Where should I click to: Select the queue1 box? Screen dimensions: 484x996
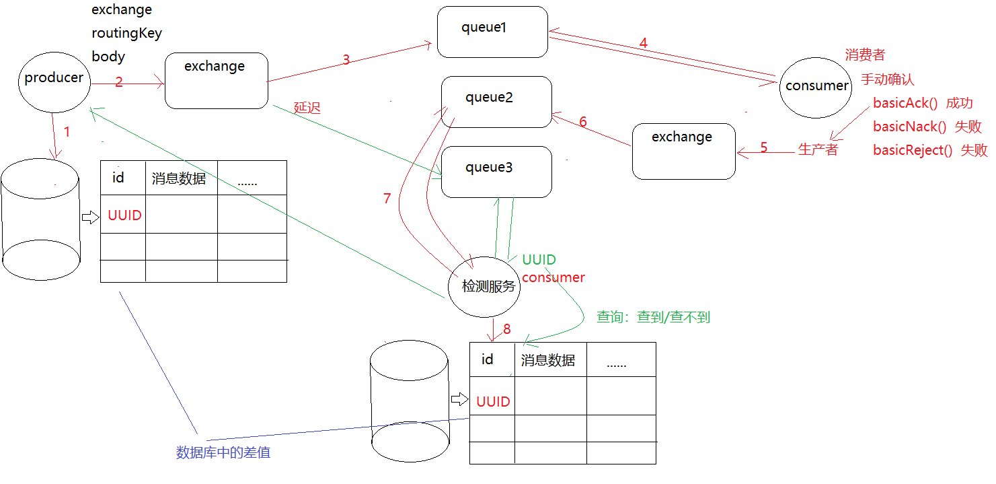point(492,32)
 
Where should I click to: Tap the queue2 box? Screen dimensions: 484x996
point(496,102)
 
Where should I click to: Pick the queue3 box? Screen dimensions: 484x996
point(496,172)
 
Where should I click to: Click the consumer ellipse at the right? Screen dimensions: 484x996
point(816,87)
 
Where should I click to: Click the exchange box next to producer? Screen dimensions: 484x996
point(216,81)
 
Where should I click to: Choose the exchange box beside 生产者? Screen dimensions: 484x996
point(683,151)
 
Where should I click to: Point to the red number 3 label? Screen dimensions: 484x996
point(346,59)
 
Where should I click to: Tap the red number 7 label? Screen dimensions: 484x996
point(387,199)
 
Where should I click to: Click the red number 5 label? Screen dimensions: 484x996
point(763,147)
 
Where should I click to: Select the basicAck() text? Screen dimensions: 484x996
point(904,104)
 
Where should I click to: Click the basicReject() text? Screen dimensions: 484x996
point(913,150)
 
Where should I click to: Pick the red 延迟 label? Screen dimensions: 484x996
point(307,108)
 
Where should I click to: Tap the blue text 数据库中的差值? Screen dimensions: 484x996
point(223,452)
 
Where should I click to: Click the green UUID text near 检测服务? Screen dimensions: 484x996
point(539,260)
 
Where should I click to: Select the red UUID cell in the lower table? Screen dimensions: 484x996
point(493,402)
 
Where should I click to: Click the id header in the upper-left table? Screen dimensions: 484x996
point(118,178)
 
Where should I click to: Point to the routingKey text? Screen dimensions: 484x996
point(126,33)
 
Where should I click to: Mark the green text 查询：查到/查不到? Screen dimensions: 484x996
point(653,317)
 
